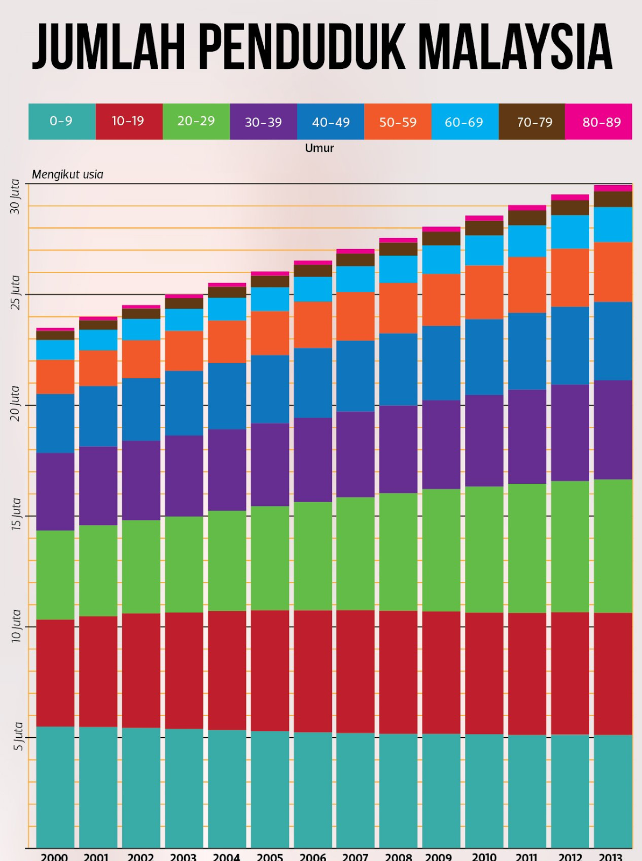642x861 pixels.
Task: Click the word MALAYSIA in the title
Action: (x=515, y=47)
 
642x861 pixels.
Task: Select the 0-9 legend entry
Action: (x=61, y=122)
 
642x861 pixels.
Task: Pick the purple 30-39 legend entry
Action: (x=263, y=122)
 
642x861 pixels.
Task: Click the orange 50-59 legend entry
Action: (x=398, y=122)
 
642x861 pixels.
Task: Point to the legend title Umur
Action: (x=320, y=149)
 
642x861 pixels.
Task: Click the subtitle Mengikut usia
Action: (x=67, y=174)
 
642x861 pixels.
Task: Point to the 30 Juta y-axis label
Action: (x=16, y=197)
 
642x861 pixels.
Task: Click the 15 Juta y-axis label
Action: (x=16, y=514)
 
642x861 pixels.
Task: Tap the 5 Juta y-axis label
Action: (x=18, y=736)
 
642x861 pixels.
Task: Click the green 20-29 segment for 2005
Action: (x=270, y=558)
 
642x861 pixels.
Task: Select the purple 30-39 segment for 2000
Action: (x=55, y=491)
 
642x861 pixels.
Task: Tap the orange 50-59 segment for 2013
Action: (x=613, y=272)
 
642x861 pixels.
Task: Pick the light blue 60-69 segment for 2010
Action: (x=484, y=250)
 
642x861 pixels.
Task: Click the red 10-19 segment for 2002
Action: (x=141, y=671)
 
